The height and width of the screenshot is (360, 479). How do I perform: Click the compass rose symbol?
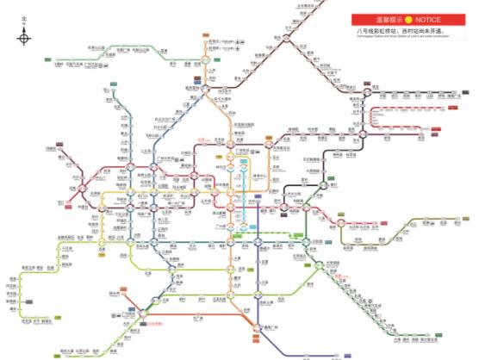24,37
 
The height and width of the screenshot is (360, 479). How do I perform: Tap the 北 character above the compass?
24,19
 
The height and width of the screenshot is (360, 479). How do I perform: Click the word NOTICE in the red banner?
427,19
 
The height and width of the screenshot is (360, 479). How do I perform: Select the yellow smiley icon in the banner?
407,19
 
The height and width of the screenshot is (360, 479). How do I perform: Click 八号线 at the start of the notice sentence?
367,30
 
